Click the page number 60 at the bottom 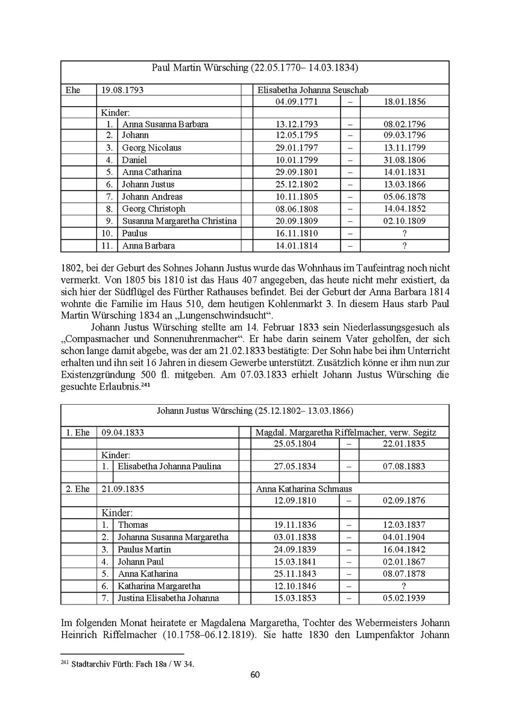click(255, 674)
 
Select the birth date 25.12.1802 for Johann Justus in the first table click(296, 185)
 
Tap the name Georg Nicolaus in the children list click(151, 148)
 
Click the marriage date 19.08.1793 click(122, 90)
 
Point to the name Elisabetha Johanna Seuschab click(313, 90)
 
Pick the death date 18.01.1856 click(404, 101)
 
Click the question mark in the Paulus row click(404, 233)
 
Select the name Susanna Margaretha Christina click(179, 221)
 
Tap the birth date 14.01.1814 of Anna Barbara click(296, 246)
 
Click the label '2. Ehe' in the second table click(78, 489)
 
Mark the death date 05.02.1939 click(404, 598)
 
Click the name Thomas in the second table click(133, 525)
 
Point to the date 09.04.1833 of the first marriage click(123, 432)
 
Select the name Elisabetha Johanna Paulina click(169, 466)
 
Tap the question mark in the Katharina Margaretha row click(404, 586)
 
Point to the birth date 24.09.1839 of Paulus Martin click(295, 549)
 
